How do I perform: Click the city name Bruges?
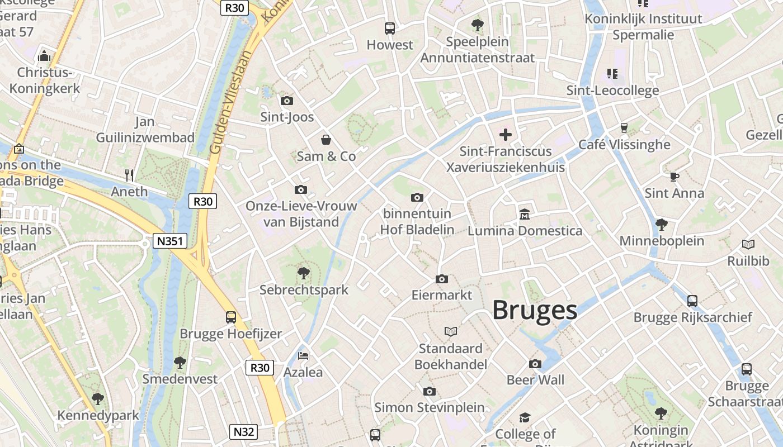(534, 310)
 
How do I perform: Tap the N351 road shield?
(170, 241)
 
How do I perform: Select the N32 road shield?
(244, 432)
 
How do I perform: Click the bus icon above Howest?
(390, 28)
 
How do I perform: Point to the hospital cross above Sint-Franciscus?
(506, 135)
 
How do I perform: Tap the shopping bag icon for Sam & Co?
(326, 140)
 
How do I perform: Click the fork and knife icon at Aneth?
(130, 175)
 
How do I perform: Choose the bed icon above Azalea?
(303, 355)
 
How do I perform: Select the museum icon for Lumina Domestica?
(525, 214)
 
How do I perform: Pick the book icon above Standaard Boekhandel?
(451, 331)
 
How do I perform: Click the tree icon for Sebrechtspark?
(304, 273)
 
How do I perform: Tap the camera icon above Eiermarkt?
(442, 279)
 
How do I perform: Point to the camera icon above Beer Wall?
(535, 364)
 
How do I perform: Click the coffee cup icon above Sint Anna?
(674, 177)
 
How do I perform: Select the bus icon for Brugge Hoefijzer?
(231, 317)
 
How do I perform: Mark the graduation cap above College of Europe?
(525, 418)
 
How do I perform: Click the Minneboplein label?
(662, 241)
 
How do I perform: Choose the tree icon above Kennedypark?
(98, 399)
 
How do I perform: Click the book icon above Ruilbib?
(748, 244)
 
